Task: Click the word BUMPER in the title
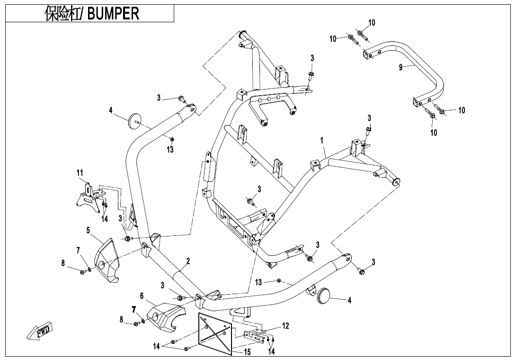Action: point(113,13)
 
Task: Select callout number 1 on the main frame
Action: point(321,141)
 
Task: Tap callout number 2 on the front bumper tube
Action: point(188,261)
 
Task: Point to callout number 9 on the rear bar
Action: point(400,67)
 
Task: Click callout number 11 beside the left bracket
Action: point(80,173)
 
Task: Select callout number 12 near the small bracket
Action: point(285,326)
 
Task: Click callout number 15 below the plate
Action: point(248,352)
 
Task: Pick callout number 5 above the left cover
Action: point(88,230)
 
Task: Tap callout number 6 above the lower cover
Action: point(142,296)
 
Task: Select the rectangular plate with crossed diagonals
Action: point(215,332)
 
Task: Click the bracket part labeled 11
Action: point(88,197)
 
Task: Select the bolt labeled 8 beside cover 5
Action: point(82,272)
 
